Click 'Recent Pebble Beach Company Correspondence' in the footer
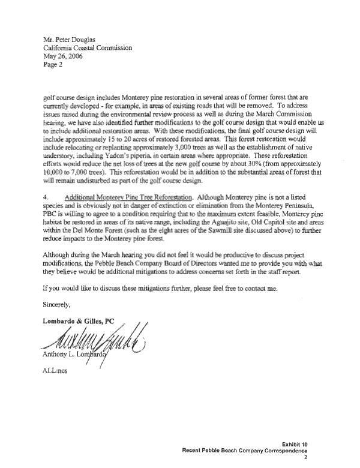tap(246, 451)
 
